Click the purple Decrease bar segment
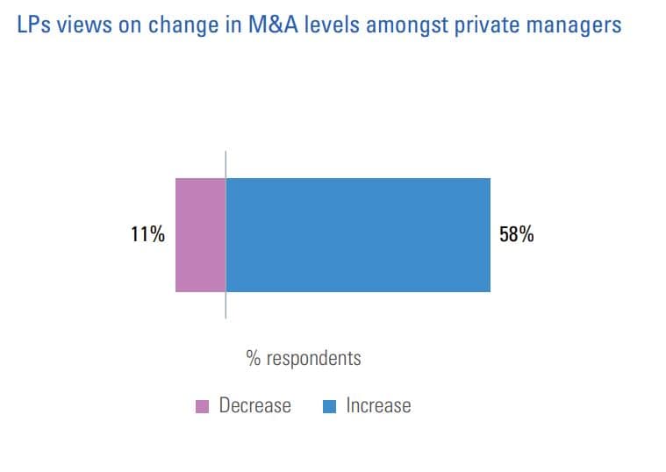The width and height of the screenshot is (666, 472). click(x=200, y=234)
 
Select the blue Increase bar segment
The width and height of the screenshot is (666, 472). click(x=358, y=234)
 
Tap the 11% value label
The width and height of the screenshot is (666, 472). click(x=147, y=235)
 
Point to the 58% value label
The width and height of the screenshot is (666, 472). click(x=516, y=235)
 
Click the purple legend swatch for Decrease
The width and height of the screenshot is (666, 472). click(x=202, y=406)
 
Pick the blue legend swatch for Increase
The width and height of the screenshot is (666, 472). click(x=330, y=406)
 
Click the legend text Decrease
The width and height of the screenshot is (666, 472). click(x=254, y=406)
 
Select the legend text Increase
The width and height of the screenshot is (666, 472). click(x=378, y=406)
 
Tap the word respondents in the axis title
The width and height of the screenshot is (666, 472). click(x=313, y=359)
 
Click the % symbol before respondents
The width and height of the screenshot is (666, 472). click(x=254, y=359)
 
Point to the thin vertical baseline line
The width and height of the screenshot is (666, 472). click(x=226, y=307)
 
